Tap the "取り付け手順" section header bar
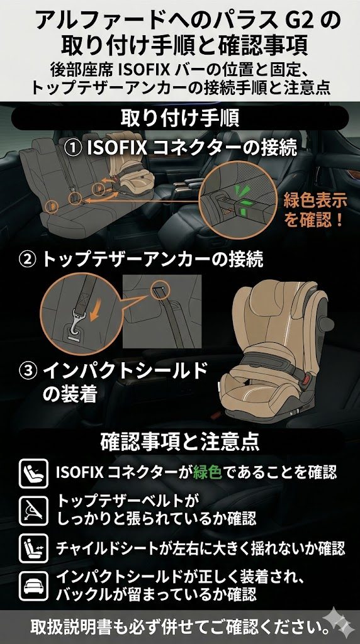(x=180, y=117)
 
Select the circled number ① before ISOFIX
(x=74, y=149)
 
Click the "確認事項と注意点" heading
(x=180, y=441)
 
